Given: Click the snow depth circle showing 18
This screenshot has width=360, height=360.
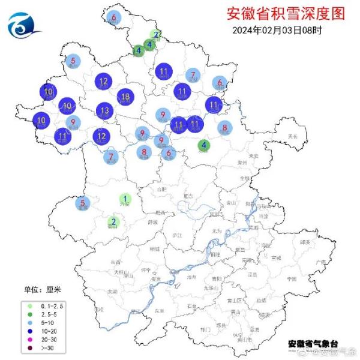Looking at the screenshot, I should pyautogui.click(x=125, y=97).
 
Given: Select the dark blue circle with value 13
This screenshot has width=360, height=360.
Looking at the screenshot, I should pyautogui.click(x=105, y=110).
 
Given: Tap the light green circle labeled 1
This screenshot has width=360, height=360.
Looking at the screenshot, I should pyautogui.click(x=125, y=199).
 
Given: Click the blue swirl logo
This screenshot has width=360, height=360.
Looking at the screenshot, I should pyautogui.click(x=23, y=25).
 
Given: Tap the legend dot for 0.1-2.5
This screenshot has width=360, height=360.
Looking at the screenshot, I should pyautogui.click(x=29, y=306).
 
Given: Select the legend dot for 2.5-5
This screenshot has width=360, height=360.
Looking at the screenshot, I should pyautogui.click(x=29, y=314).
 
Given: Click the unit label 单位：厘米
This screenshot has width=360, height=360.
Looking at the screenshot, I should pyautogui.click(x=43, y=289).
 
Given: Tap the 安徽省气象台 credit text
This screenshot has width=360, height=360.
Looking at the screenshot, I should pyautogui.click(x=312, y=343).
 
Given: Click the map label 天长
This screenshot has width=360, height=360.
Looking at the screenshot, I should pyautogui.click(x=292, y=137).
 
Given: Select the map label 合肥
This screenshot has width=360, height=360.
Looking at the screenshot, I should pyautogui.click(x=161, y=189).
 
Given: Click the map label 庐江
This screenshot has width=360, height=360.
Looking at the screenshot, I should pyautogui.click(x=176, y=235).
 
